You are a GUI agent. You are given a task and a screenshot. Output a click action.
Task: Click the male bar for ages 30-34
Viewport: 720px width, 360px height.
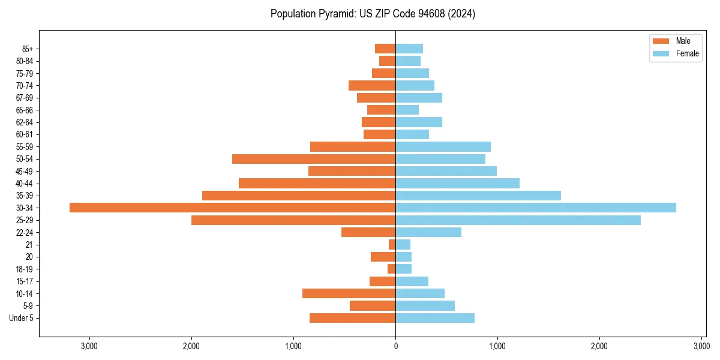(232, 208)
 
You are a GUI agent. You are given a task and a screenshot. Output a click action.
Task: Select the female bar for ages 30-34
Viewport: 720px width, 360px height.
(536, 208)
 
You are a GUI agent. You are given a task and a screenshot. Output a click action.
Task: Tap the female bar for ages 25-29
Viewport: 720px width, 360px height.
(518, 220)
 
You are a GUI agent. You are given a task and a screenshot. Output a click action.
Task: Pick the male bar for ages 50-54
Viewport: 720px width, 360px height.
(314, 159)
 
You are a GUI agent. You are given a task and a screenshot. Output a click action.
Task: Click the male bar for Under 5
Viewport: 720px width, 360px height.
(352, 318)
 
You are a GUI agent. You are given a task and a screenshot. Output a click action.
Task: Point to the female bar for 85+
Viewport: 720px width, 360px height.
(409, 49)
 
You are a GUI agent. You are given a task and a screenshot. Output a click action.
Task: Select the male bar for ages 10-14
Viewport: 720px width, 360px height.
(349, 293)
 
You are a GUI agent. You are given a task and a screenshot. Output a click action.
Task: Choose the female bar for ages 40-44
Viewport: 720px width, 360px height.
(457, 183)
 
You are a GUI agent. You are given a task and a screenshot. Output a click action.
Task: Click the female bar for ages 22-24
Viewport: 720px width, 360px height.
(428, 232)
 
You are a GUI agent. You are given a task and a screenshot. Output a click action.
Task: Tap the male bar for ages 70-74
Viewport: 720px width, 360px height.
(372, 85)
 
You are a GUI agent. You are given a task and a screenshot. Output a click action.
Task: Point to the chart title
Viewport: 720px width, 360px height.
(373, 14)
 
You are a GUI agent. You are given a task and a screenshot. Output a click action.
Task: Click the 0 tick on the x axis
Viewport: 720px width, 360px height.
(395, 347)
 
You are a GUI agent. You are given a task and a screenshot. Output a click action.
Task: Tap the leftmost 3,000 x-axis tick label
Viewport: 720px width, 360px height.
(89, 347)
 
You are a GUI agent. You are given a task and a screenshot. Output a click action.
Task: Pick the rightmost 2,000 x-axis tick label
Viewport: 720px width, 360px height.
(599, 347)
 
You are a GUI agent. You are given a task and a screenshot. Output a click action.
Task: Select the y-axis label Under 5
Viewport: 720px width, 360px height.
(22, 318)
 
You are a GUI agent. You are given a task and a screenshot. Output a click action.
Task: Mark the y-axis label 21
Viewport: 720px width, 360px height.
(29, 245)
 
